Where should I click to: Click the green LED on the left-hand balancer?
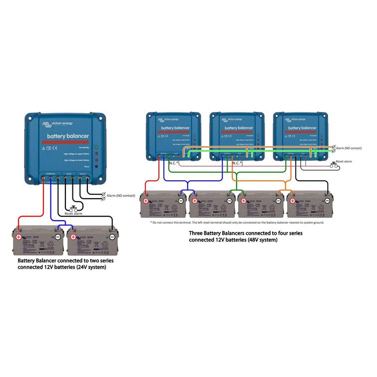(96, 147)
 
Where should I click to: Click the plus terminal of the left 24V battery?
(19, 237)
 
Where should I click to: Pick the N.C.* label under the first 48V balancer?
(173, 163)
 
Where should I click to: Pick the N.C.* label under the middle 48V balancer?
(236, 163)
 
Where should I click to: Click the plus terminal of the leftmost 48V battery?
(146, 201)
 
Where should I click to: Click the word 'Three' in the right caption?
(197, 233)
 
